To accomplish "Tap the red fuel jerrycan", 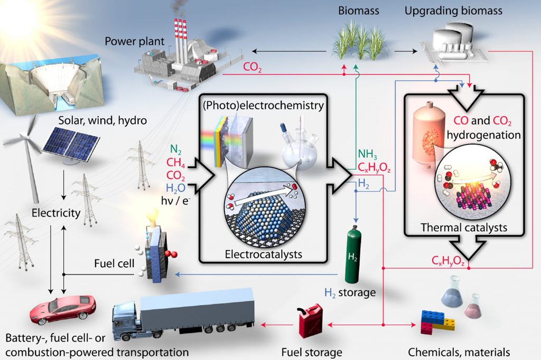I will (x=310, y=320).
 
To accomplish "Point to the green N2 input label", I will (x=176, y=149).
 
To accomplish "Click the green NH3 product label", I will (x=367, y=155).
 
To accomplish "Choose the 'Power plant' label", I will (x=127, y=41).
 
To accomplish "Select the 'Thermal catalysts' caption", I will (x=464, y=228).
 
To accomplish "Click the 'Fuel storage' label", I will (x=311, y=352).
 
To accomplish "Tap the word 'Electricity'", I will (x=56, y=213).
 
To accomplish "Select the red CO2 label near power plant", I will (x=252, y=68).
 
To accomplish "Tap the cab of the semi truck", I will (x=125, y=318).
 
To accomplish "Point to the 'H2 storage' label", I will (x=350, y=291).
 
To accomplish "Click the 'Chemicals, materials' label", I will (x=459, y=352).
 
